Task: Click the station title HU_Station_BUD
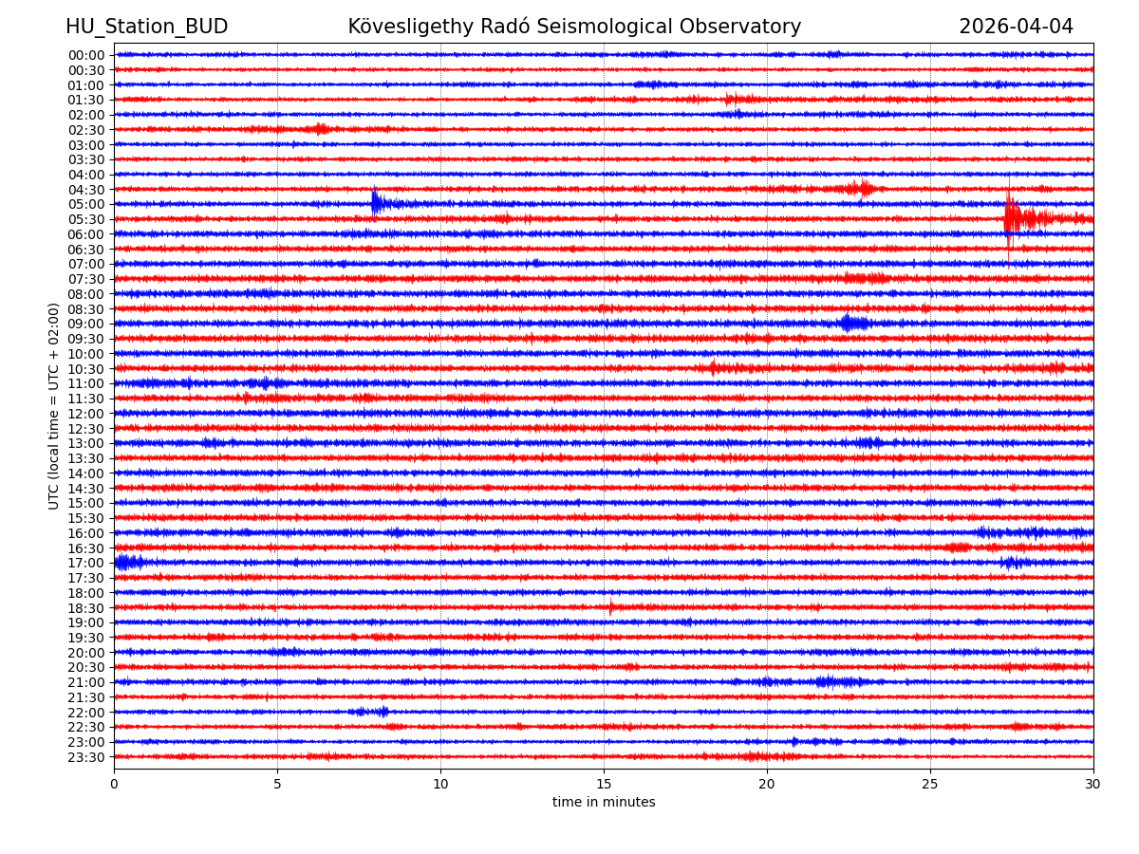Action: (x=146, y=27)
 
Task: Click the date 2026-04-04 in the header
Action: (x=1016, y=27)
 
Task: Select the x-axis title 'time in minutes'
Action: (x=604, y=803)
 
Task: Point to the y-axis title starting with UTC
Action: (x=54, y=406)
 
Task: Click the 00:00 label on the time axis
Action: (x=85, y=55)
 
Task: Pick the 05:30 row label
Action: (x=85, y=219)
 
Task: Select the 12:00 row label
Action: (x=85, y=414)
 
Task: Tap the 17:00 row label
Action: (x=85, y=563)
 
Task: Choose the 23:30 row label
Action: (x=85, y=757)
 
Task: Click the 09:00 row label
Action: (x=85, y=324)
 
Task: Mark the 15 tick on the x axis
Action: (x=604, y=784)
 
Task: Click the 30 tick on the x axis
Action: (x=1093, y=784)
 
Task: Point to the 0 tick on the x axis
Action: (x=114, y=784)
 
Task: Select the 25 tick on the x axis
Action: (x=930, y=784)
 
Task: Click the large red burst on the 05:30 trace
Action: (x=1014, y=219)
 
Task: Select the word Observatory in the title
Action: (x=749, y=27)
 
